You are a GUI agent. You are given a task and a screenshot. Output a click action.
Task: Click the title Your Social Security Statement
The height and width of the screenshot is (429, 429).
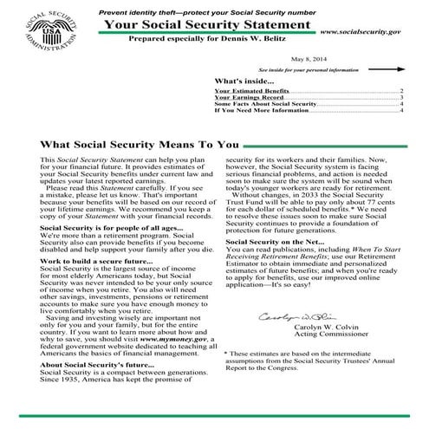pos(208,25)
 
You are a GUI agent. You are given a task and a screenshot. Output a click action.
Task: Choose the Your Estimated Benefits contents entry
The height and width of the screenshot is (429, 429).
pos(251,90)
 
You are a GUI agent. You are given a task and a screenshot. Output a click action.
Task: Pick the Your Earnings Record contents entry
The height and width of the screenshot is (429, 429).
pos(249,97)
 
